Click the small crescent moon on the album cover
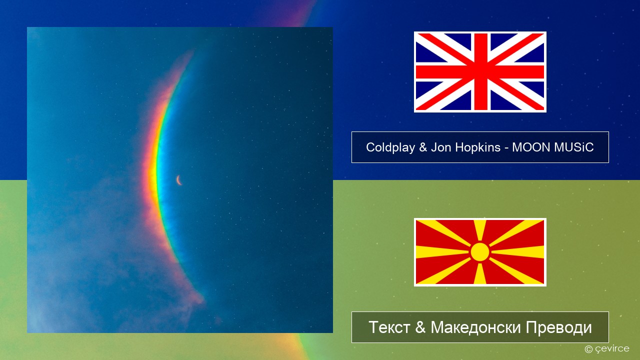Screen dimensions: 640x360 [x=179, y=180]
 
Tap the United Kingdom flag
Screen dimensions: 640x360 [x=480, y=71]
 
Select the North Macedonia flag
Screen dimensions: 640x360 [x=480, y=252]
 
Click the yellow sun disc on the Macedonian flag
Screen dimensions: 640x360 [x=480, y=252]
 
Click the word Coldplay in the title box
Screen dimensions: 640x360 [x=390, y=147]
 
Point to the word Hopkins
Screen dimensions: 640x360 [x=477, y=147]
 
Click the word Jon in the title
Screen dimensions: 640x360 [x=441, y=147]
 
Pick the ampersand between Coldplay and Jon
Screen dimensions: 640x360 [x=423, y=147]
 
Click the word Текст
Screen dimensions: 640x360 [x=389, y=327]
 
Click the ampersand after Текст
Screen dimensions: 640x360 [x=420, y=327]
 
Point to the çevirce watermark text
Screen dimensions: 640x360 [x=612, y=349]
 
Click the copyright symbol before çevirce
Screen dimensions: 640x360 [x=588, y=349]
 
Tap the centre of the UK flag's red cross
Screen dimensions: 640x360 [x=480, y=71]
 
